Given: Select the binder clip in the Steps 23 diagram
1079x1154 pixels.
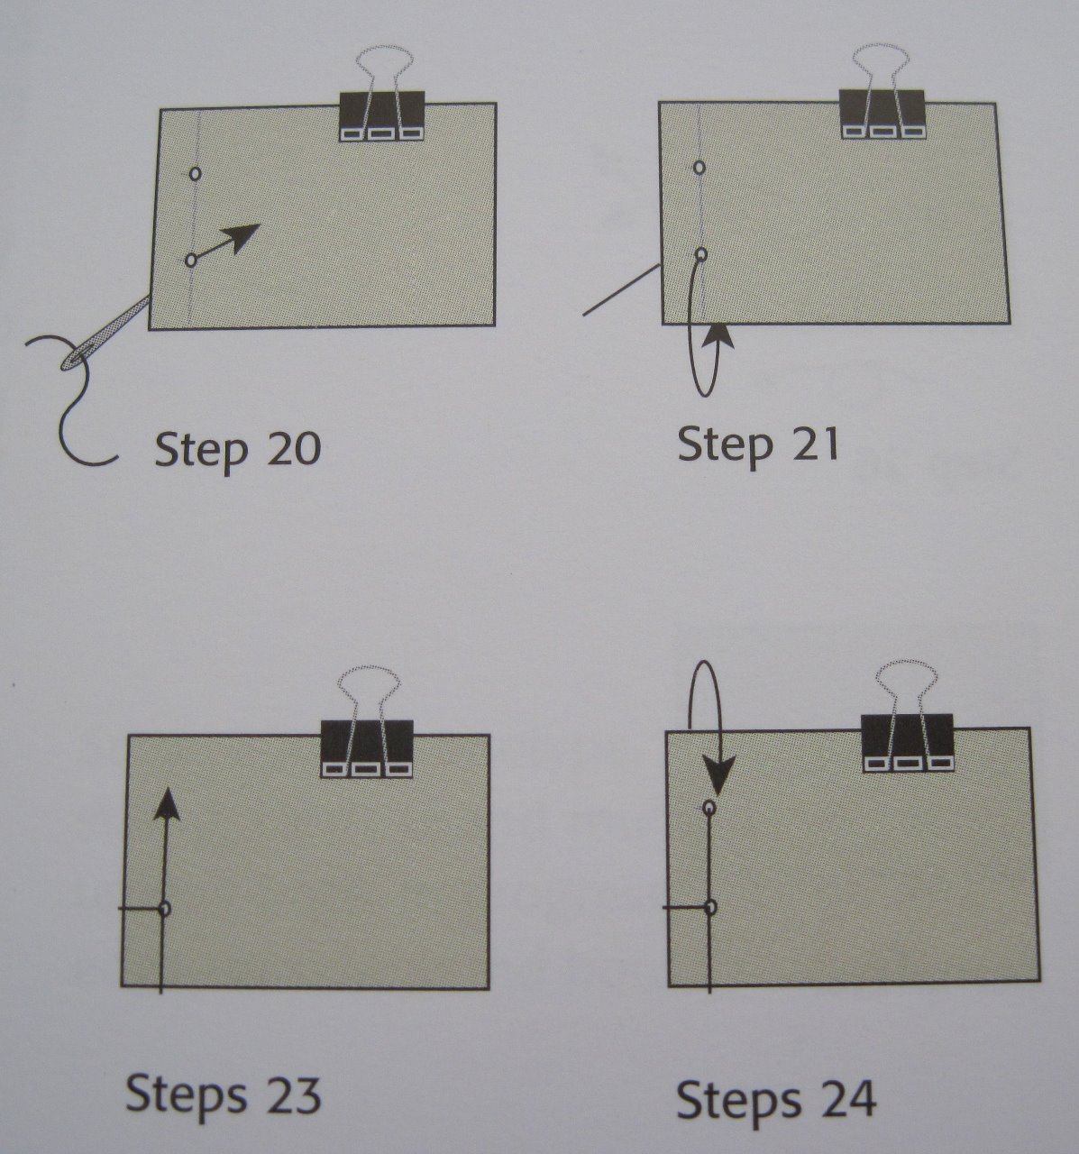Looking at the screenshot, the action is point(367,748).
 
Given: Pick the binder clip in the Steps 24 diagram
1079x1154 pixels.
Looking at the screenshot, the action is point(907,743).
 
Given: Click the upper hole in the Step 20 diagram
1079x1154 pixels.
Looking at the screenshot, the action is point(196,173).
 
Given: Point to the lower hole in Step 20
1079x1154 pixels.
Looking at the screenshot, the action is point(190,260).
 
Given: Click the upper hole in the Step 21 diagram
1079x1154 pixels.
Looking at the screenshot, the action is point(700,168).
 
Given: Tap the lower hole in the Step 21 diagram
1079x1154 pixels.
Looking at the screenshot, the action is point(701,254).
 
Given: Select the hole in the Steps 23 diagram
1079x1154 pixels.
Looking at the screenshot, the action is point(164,908).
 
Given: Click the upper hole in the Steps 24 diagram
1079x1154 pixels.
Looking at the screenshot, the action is point(709,809).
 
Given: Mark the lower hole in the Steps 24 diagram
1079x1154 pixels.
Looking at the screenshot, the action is point(710,907).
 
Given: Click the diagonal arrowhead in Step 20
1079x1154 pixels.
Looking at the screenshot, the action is point(243,237).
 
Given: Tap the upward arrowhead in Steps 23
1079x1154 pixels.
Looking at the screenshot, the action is point(166,805).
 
